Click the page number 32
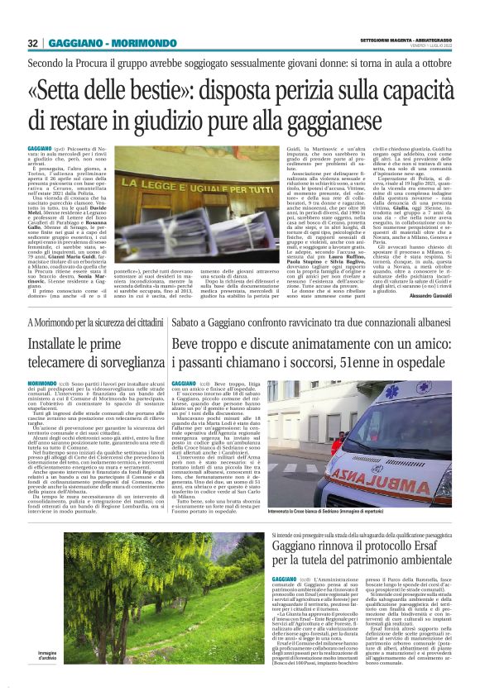[32, 43]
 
